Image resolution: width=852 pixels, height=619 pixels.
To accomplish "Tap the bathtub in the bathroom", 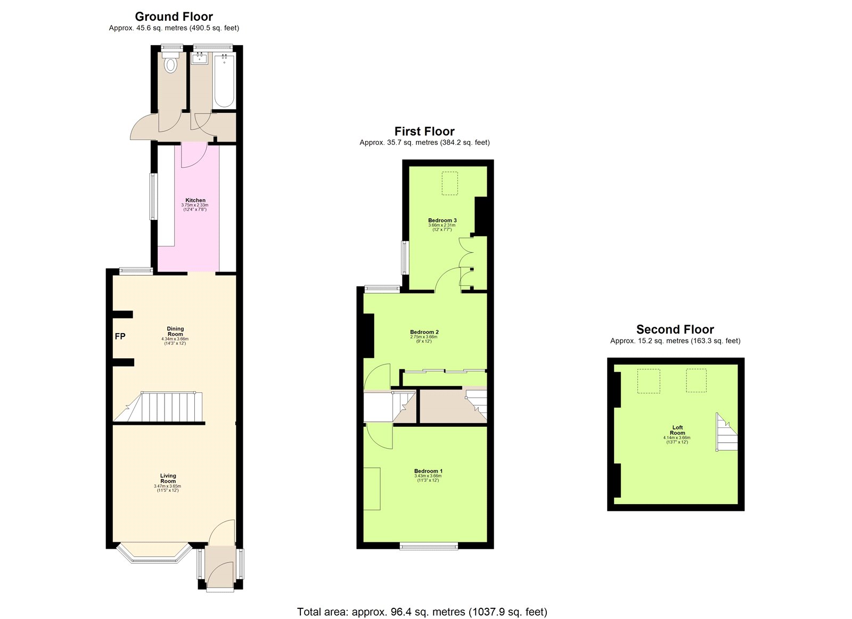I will tap(224, 81).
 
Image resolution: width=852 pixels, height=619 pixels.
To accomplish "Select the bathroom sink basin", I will tap(200, 59).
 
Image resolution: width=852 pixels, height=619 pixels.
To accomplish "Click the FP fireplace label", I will tap(120, 336).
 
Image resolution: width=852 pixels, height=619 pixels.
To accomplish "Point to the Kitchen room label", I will tap(195, 201).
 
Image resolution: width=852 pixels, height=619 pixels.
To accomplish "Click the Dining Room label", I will tap(175, 332).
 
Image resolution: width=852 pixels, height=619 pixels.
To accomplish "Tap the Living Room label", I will tap(168, 478).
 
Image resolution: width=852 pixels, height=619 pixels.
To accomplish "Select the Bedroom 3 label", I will tap(442, 220).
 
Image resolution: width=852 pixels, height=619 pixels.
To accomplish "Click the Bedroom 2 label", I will tap(424, 332).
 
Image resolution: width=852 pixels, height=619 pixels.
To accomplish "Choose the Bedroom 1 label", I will tap(428, 471).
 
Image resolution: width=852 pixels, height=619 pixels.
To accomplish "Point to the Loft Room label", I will tap(677, 430).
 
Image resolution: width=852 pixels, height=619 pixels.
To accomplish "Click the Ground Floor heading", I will tap(174, 16).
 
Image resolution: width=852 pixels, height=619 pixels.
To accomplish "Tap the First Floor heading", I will tap(424, 131).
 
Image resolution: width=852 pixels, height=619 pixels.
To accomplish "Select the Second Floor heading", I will tap(675, 329).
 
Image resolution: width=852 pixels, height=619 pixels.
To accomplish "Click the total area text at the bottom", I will tap(422, 612).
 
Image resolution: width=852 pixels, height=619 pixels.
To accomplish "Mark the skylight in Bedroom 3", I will tap(450, 183).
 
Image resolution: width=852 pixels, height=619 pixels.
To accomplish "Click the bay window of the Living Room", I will tap(154, 552).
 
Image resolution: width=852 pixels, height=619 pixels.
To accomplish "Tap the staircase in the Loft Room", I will tap(727, 432).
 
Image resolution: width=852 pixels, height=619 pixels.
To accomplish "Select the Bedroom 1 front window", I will tap(429, 546).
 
